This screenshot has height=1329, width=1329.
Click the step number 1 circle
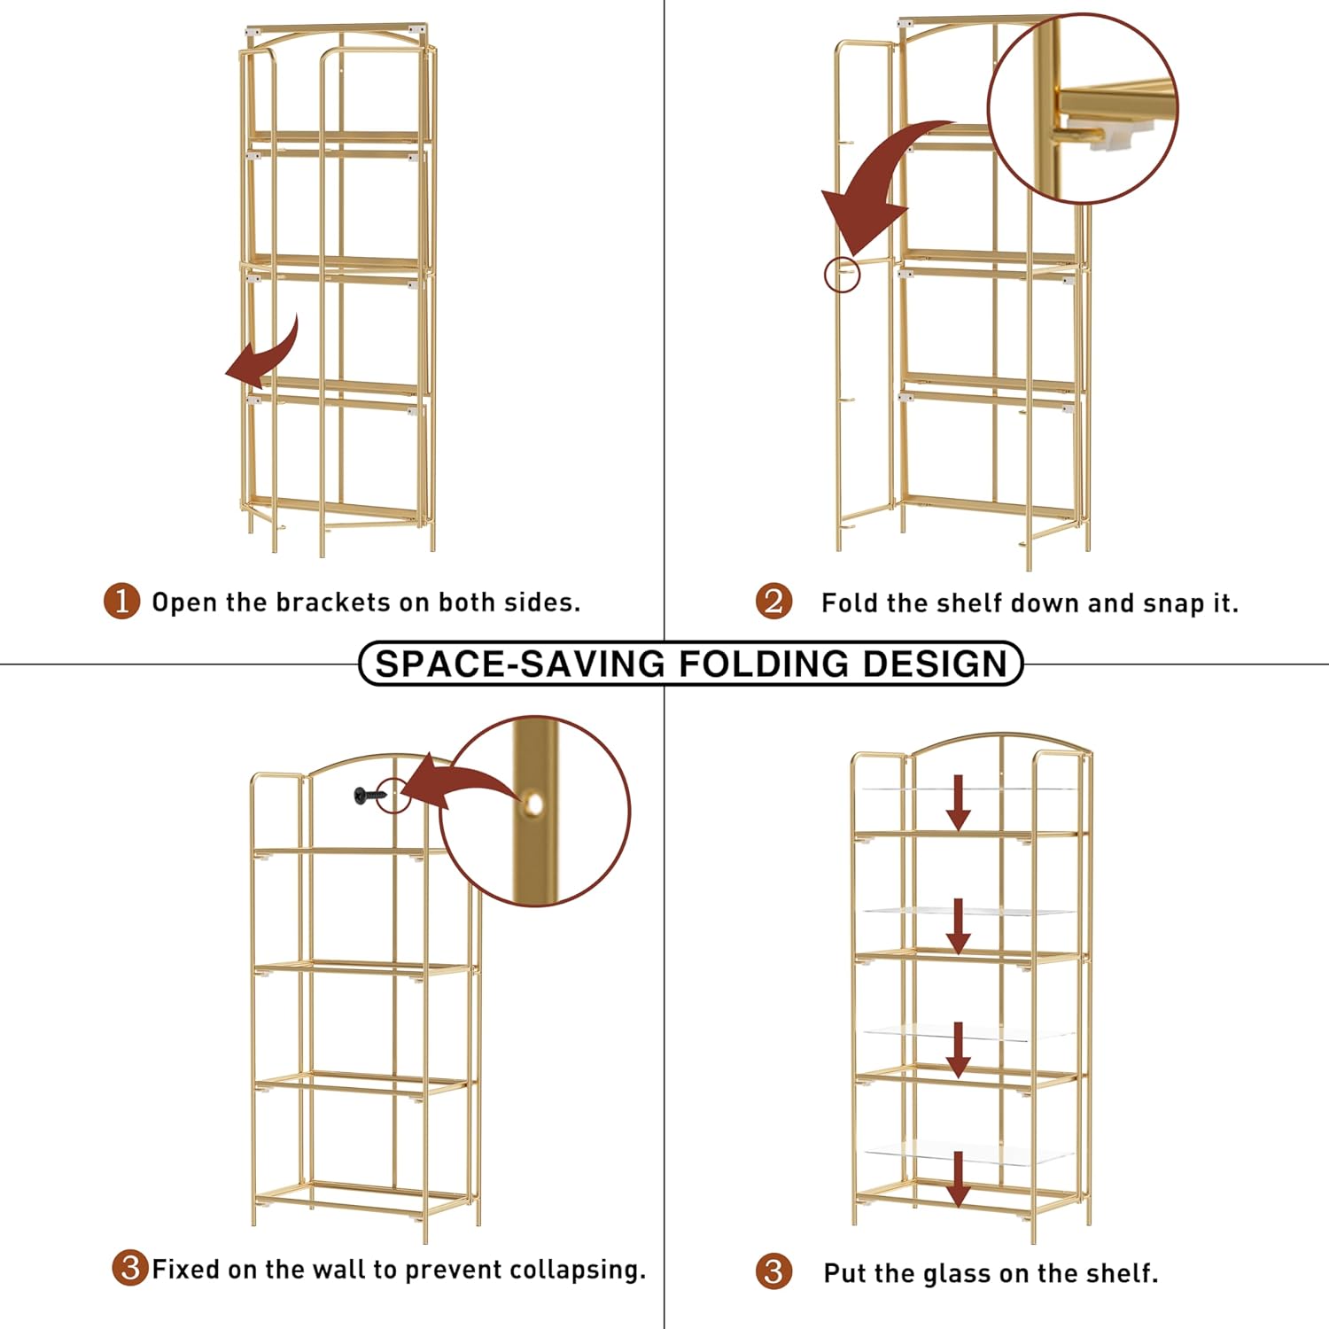(121, 602)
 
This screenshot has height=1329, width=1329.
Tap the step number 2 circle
(773, 602)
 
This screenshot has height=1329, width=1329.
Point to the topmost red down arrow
(958, 802)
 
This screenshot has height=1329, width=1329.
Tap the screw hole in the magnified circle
(533, 804)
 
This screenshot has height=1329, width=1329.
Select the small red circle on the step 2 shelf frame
(842, 275)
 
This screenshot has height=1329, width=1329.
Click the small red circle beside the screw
(394, 795)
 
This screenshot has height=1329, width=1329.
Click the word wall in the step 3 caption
(339, 1270)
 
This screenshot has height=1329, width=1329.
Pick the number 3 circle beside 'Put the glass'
(773, 1271)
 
